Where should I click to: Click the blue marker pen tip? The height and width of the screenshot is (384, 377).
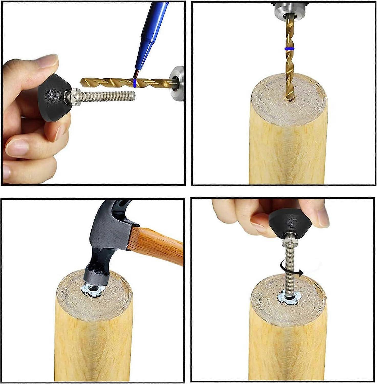136,74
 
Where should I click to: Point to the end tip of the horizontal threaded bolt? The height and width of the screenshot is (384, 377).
134,95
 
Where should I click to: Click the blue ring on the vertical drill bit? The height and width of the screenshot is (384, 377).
289,49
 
